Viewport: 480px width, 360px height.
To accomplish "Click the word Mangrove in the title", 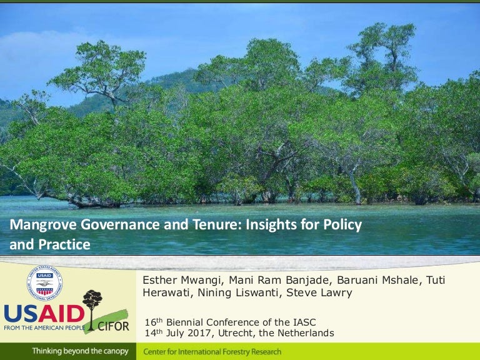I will (39, 226).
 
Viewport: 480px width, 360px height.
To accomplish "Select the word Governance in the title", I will (108, 226).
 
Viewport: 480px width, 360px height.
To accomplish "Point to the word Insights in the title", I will (259, 226).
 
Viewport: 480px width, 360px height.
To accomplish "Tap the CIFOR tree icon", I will (92, 304).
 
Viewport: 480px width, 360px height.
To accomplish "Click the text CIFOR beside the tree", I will (113, 326).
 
